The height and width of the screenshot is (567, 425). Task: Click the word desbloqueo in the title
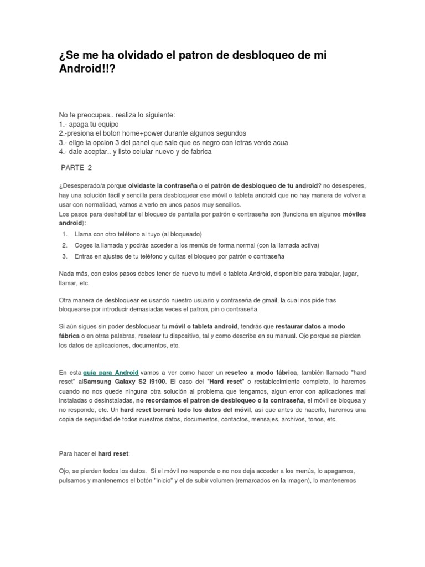(x=268, y=54)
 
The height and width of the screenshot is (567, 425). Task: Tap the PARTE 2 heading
(x=76, y=168)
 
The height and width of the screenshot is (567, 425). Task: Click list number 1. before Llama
(x=64, y=234)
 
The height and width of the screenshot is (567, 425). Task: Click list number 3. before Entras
(x=64, y=256)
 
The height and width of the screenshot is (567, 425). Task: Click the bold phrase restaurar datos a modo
(x=310, y=327)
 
